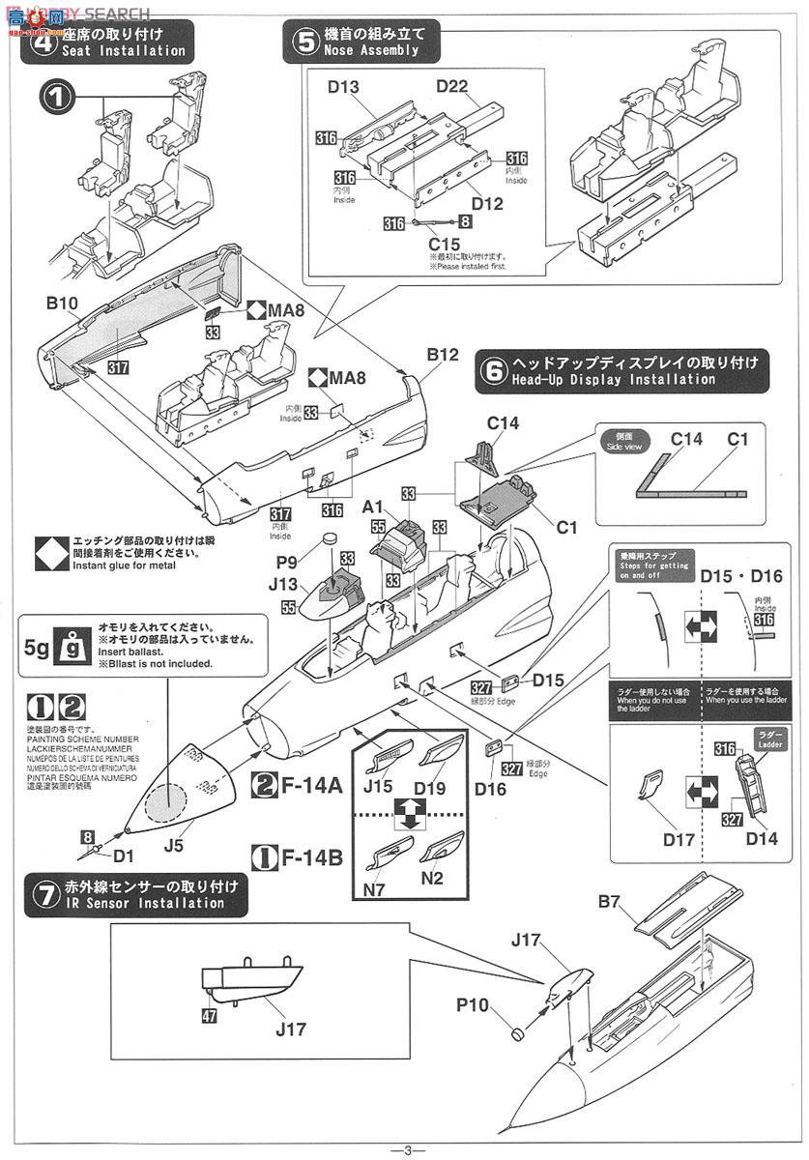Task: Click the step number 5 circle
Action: pos(305,42)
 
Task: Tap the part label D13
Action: pos(343,88)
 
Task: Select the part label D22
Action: pos(451,88)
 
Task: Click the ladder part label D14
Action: pos(762,838)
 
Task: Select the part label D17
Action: pos(680,839)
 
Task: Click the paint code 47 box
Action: pos(209,1016)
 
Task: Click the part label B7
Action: pos(608,904)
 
